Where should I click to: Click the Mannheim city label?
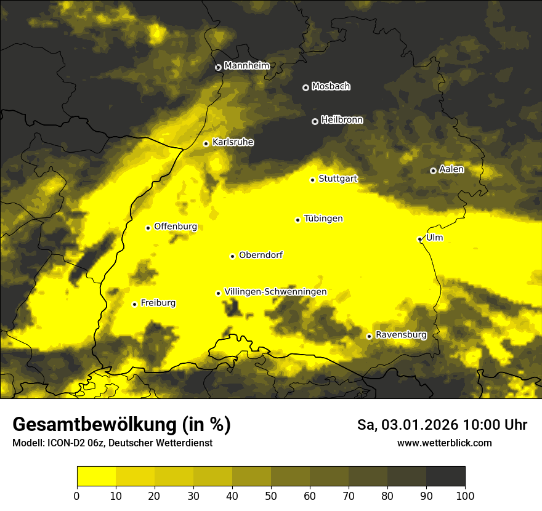(x=247, y=66)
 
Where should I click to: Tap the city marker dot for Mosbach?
(x=305, y=87)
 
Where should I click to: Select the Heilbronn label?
(x=342, y=120)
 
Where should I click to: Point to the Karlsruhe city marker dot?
(x=206, y=143)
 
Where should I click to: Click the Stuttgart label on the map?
(x=338, y=179)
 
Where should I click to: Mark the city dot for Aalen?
(x=433, y=171)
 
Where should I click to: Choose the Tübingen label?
(x=323, y=219)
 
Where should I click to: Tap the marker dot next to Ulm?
(x=419, y=239)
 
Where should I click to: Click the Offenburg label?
(x=176, y=227)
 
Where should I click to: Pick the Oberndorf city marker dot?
(x=232, y=256)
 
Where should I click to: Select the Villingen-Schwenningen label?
(x=275, y=292)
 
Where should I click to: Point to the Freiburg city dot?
(x=134, y=304)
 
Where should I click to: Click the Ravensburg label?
(x=401, y=335)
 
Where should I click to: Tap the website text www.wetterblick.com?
(x=444, y=443)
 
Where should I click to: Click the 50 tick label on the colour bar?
(x=271, y=496)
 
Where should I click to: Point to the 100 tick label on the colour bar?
(x=465, y=496)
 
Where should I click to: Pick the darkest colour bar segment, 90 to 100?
(x=445, y=477)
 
